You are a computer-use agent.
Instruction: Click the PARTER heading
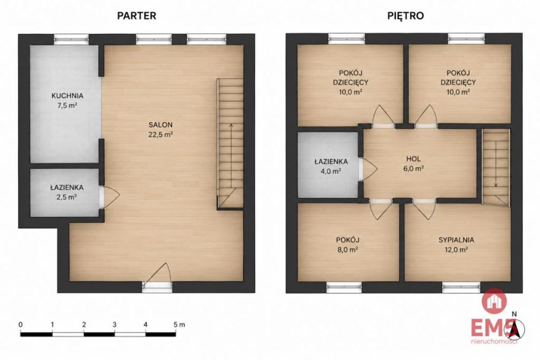coord(137,16)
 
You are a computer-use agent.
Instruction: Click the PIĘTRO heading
coord(405,16)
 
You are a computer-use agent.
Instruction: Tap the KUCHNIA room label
coord(67,96)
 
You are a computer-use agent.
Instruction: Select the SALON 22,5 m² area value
coord(161,134)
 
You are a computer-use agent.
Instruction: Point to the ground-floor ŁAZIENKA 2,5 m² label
coord(67,192)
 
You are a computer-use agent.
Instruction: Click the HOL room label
coord(413,159)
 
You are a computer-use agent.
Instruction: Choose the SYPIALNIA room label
coord(456,240)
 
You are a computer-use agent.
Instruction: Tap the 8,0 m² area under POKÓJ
coord(348,249)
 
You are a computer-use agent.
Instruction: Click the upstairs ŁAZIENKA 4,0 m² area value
coord(331,171)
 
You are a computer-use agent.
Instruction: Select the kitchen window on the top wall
coord(71,39)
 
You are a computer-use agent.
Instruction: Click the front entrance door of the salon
coord(157,278)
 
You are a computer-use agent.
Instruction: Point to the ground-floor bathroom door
coord(110,197)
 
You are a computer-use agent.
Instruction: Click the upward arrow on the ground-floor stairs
coord(231,155)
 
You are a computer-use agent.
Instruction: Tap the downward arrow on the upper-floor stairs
coord(496,164)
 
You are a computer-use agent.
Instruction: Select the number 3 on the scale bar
coord(114,325)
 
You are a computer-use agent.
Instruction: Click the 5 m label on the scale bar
coord(179,325)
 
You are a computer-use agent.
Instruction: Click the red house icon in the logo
coord(494,301)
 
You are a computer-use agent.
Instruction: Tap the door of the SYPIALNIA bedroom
coord(424,209)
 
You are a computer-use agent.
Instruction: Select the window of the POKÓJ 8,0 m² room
coord(344,287)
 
